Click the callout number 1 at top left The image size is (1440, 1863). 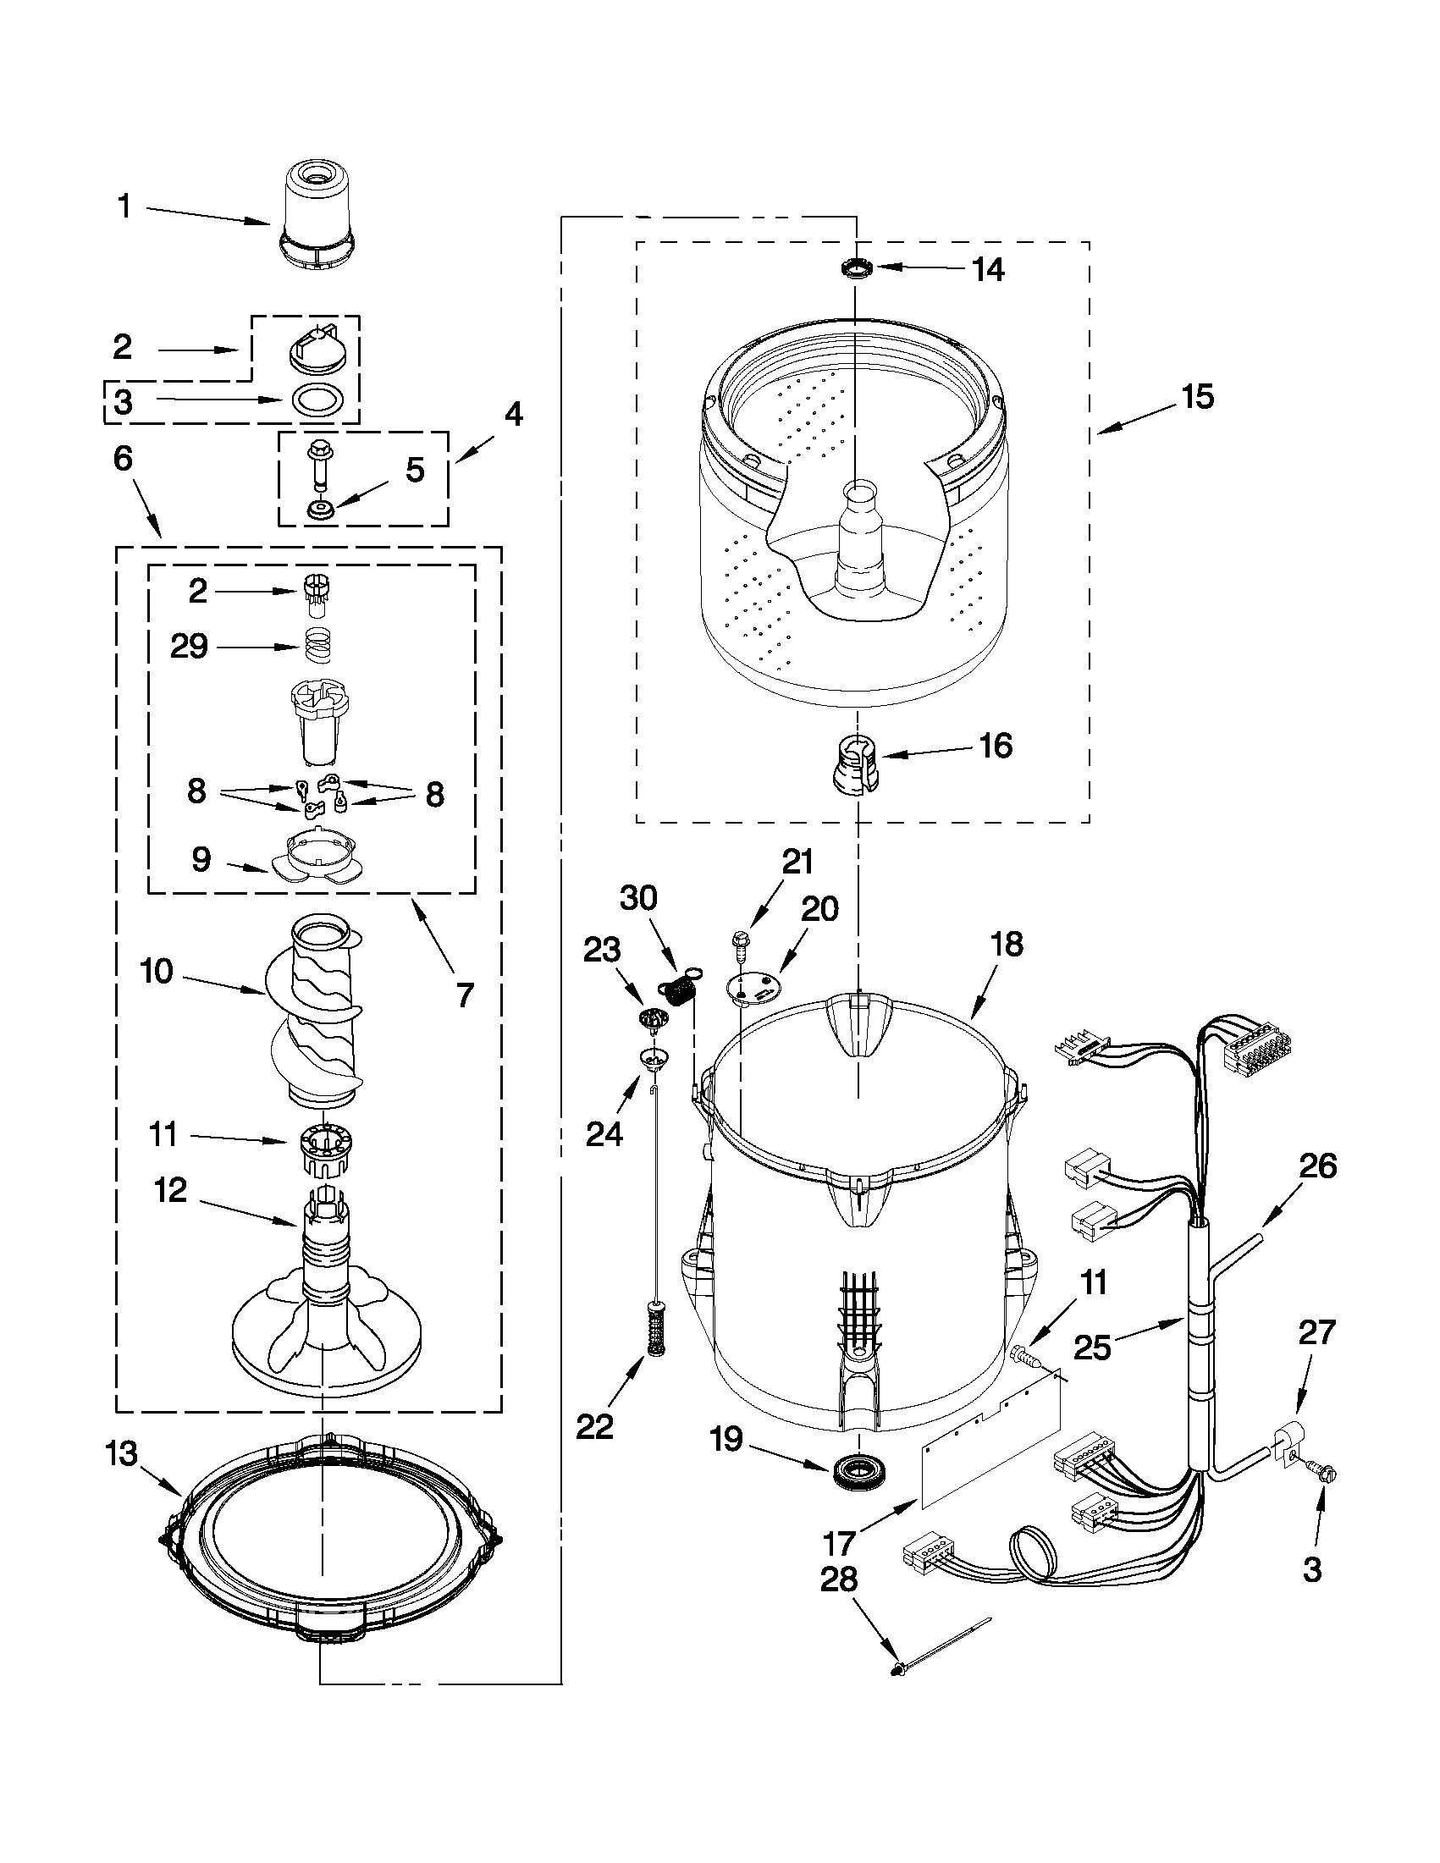[x=124, y=207]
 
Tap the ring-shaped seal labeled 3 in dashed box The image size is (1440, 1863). [x=317, y=400]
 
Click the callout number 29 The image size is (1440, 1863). [x=190, y=646]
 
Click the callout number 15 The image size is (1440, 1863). [x=1198, y=397]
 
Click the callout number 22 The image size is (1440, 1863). [x=594, y=1426]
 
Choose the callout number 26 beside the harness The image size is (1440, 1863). [x=1317, y=1166]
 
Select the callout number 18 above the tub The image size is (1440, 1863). [x=1007, y=945]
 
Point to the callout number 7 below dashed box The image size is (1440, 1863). [x=464, y=995]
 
